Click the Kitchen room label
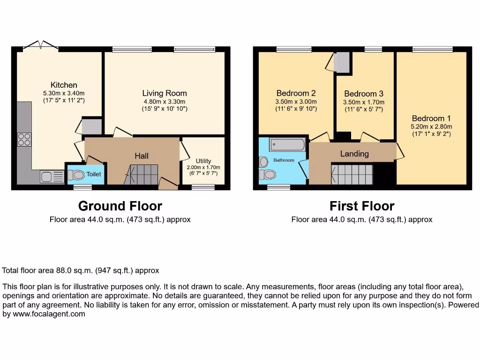(x=64, y=85)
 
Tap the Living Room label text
(x=165, y=93)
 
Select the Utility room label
(x=203, y=161)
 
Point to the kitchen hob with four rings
(x=24, y=139)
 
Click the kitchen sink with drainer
(x=52, y=177)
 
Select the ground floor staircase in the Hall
(x=143, y=174)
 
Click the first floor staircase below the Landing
(x=352, y=175)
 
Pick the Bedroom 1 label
(x=431, y=119)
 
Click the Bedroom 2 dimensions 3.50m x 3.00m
(x=296, y=102)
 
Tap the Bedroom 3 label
(x=364, y=94)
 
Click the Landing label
(x=354, y=154)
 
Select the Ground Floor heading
(x=120, y=206)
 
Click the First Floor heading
(x=362, y=206)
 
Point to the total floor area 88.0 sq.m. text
(x=81, y=270)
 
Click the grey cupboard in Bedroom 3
(x=343, y=62)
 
